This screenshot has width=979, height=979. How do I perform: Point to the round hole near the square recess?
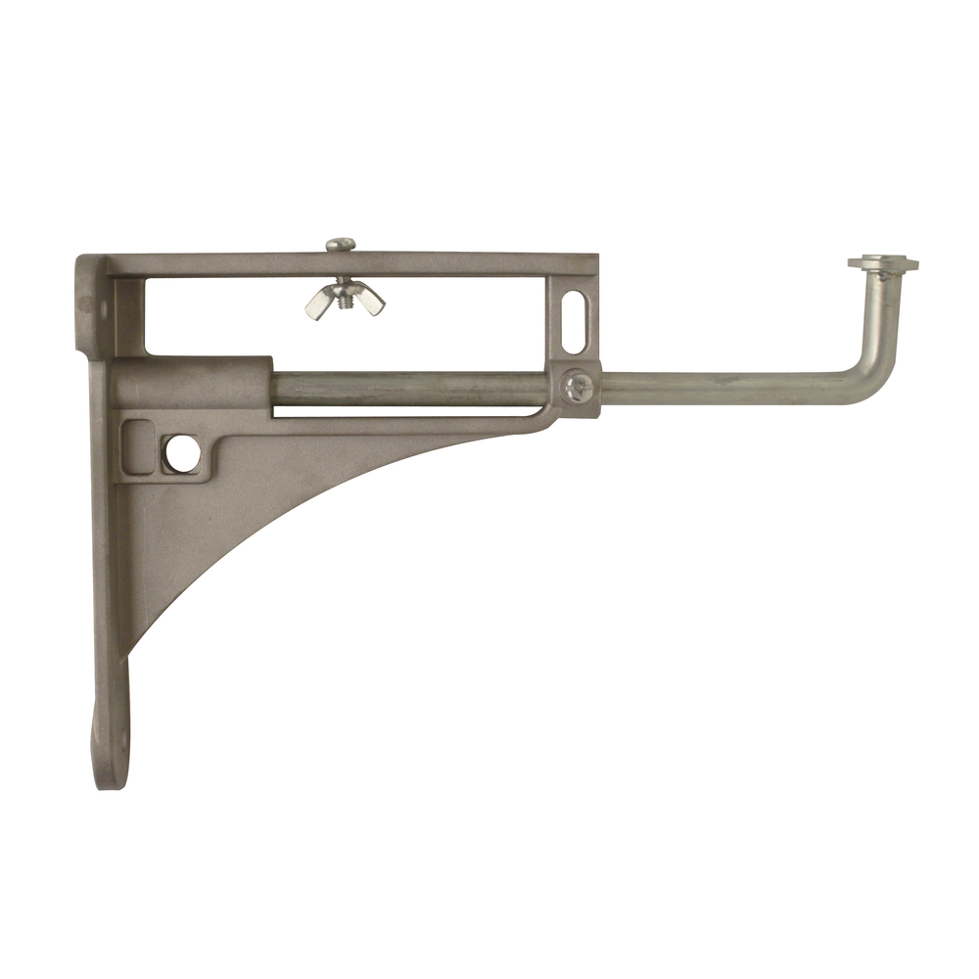(x=181, y=451)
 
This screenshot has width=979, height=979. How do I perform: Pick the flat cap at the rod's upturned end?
(x=883, y=263)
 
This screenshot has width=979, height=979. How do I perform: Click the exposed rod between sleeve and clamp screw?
(x=411, y=389)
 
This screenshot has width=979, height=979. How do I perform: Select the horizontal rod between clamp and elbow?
(x=724, y=389)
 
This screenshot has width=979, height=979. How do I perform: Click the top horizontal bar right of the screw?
(x=470, y=264)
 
